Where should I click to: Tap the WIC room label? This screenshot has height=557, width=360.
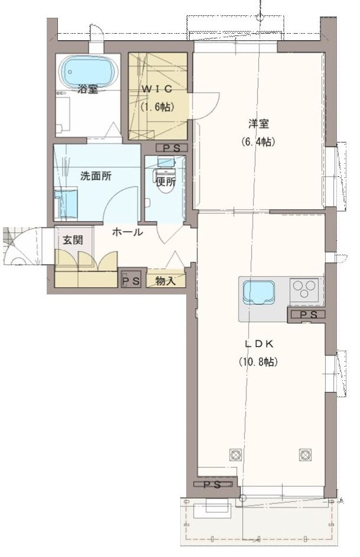coord(157,89)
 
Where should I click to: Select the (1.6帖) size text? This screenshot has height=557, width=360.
coord(157,106)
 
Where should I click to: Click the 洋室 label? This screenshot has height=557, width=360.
coord(258,124)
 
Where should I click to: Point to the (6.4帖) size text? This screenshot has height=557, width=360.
coord(258,141)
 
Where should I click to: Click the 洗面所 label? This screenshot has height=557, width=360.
coord(96,176)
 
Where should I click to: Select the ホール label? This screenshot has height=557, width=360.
coord(128,232)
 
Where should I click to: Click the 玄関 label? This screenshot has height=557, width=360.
coord(73,240)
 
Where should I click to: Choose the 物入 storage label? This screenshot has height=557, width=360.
coord(166,281)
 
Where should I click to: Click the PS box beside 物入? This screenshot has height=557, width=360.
coord(131,281)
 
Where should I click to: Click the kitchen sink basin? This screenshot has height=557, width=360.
coord(258,292)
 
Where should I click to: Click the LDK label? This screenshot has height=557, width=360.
coord(258,344)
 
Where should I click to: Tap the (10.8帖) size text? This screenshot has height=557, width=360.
coord(258,362)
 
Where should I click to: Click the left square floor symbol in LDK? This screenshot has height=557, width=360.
coord(235,454)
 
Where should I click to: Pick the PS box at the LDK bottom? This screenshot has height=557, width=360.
coord(212,484)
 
